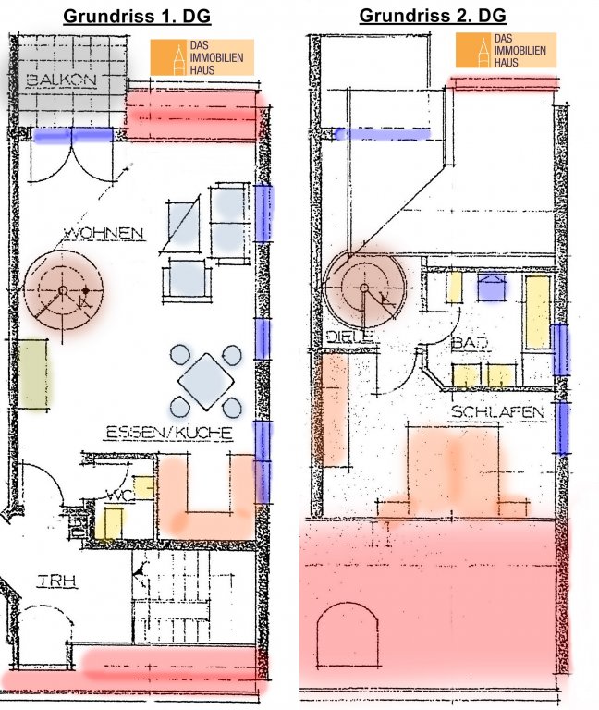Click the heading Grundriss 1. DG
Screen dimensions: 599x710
tap(137, 16)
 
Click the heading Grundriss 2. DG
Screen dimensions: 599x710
tap(433, 16)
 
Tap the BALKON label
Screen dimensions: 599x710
tap(62, 80)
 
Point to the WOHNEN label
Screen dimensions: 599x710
tap(104, 234)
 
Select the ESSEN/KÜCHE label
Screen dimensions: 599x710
tap(169, 433)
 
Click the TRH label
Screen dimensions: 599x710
tap(56, 581)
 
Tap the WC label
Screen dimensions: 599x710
tap(120, 495)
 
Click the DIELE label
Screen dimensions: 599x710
tap(349, 337)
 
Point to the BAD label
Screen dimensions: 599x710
tap(470, 342)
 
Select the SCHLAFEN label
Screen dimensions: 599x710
tap(497, 412)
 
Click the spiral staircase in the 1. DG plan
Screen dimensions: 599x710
tap(64, 289)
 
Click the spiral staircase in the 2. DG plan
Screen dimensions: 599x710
tap(364, 288)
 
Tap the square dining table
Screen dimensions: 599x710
tap(206, 382)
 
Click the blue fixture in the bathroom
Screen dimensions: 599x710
tap(491, 288)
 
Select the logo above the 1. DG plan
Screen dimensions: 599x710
tap(202, 57)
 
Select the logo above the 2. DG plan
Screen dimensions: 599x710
tap(506, 50)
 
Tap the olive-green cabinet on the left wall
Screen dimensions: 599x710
tap(32, 373)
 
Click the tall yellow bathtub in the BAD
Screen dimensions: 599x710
tap(538, 312)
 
